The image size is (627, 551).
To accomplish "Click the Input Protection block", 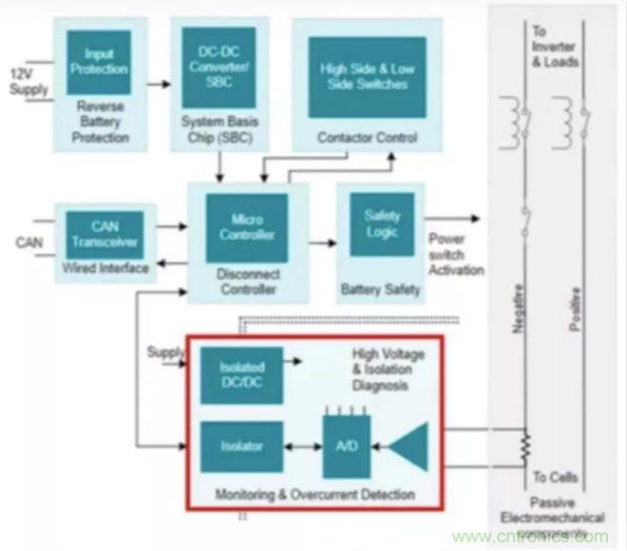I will [99, 63].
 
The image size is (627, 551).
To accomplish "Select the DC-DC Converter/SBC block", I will [215, 63].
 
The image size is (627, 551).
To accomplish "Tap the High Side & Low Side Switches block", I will [367, 77].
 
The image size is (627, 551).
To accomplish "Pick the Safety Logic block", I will [383, 223].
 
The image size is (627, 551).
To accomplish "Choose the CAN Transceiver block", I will [105, 234].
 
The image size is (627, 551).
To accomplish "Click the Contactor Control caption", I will [367, 138].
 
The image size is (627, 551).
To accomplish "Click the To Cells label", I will [554, 478].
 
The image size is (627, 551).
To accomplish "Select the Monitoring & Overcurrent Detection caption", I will [313, 495].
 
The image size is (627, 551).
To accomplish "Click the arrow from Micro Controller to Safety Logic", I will [322, 242].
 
